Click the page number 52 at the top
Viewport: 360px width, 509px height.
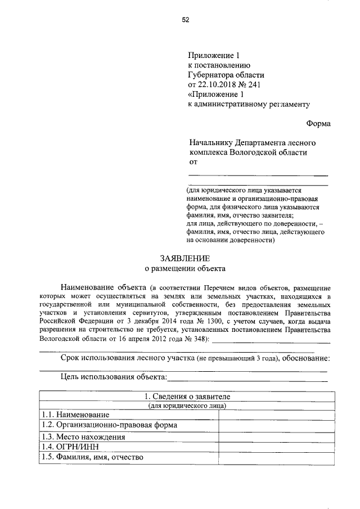point(185,20)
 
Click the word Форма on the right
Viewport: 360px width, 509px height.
point(318,124)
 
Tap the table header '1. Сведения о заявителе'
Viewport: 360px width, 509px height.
point(185,397)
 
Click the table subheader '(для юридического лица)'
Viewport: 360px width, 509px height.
point(185,406)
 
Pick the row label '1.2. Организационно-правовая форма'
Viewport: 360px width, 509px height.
point(109,425)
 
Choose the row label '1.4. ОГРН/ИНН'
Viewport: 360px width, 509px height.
point(70,447)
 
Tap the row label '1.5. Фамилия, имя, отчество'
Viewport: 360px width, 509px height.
point(93,457)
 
